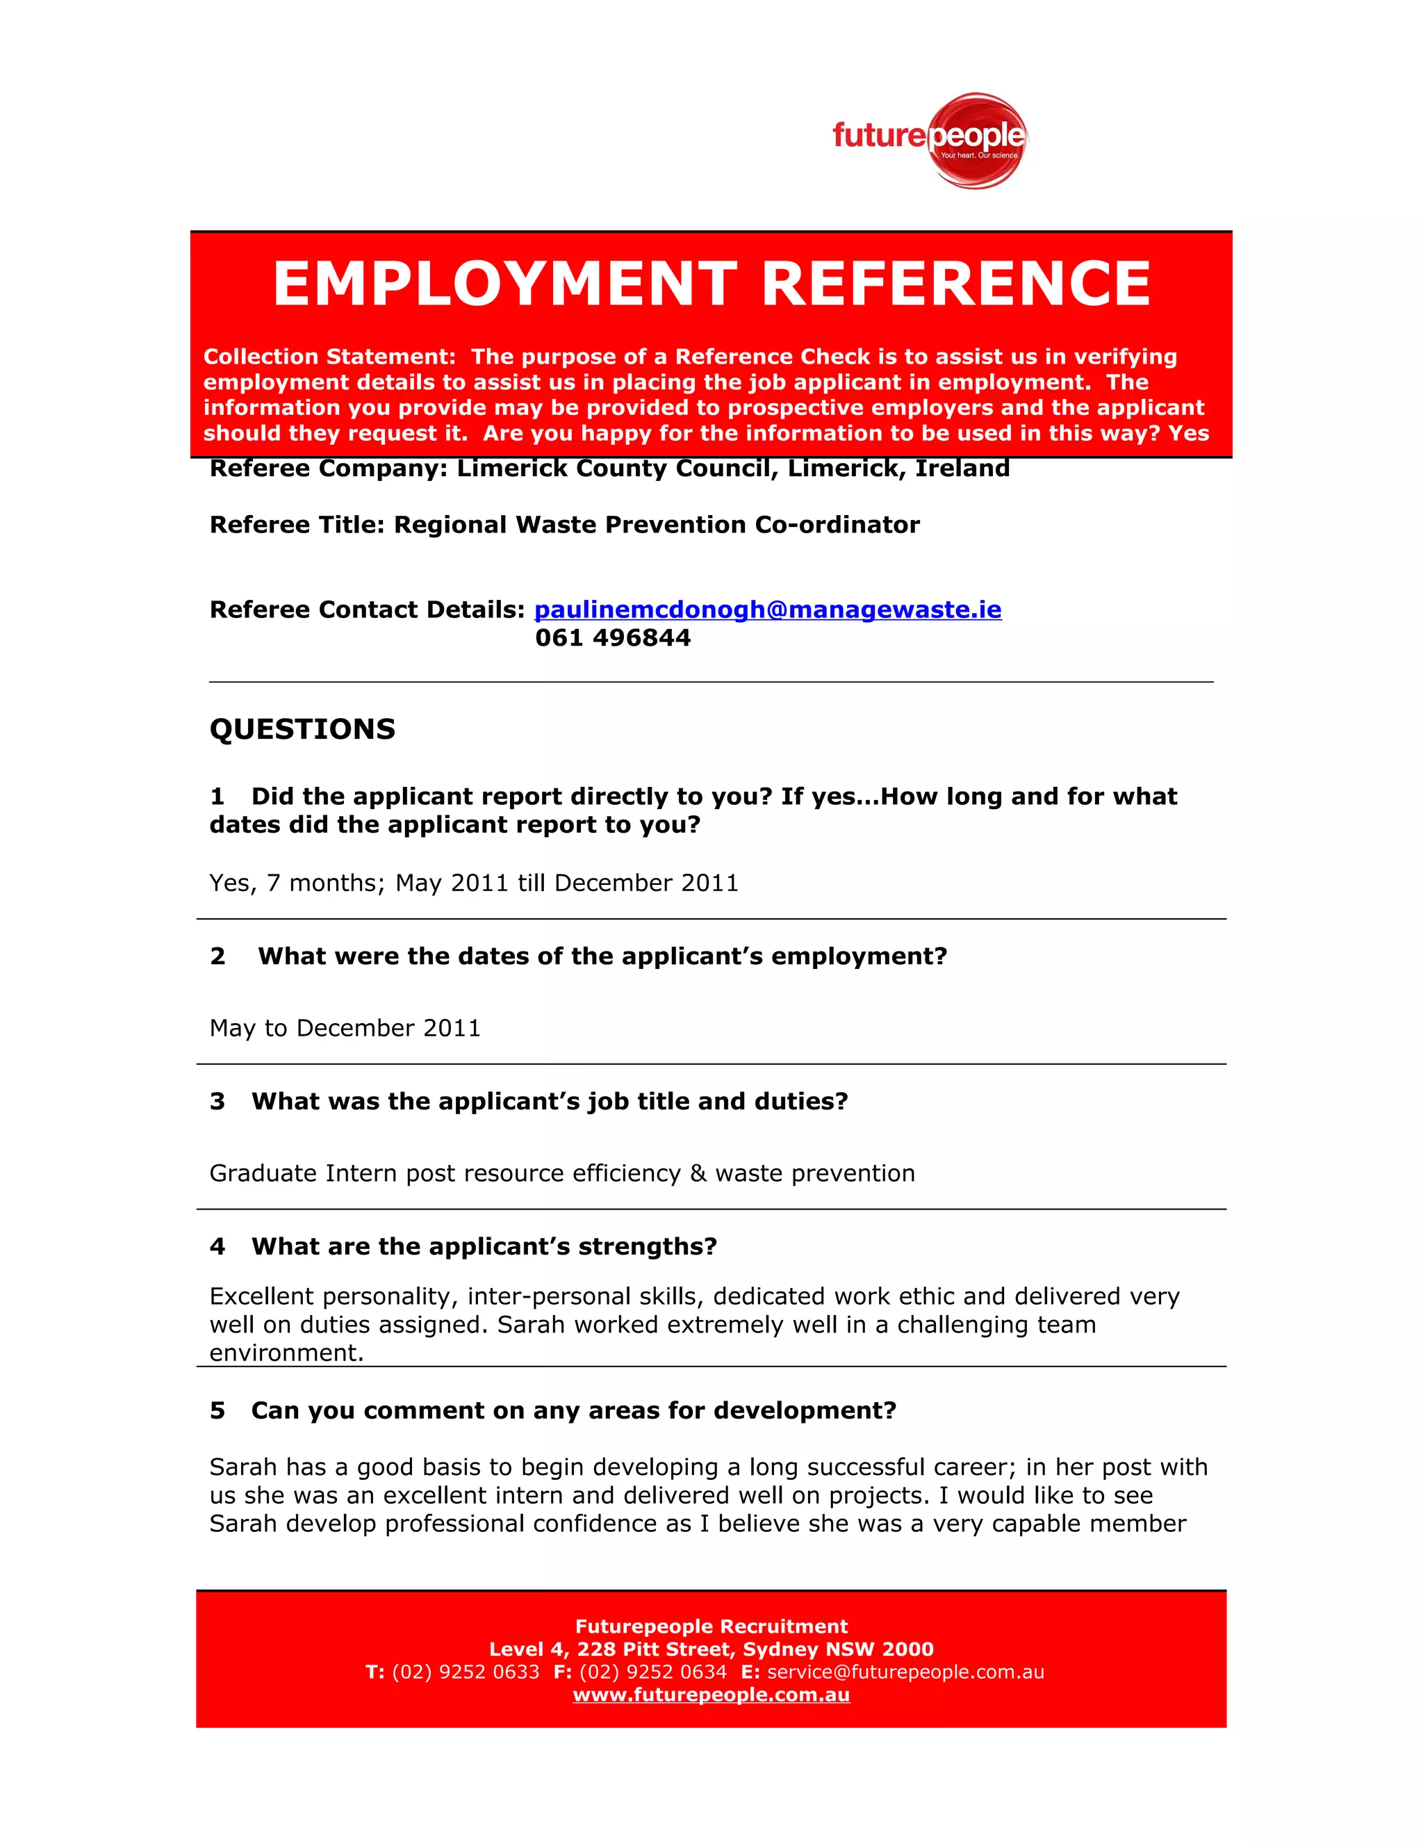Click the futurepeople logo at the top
[x=929, y=139]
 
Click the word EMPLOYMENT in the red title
[x=505, y=284]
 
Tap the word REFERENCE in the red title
[x=956, y=284]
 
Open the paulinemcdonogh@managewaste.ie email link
[x=767, y=609]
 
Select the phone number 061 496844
[x=613, y=637]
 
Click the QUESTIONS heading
[x=302, y=728]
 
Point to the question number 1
[x=217, y=796]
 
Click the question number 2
[x=217, y=956]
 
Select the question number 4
[x=217, y=1246]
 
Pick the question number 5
[x=217, y=1410]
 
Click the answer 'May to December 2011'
[x=345, y=1028]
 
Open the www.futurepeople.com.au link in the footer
[x=711, y=1695]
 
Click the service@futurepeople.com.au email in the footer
[x=905, y=1672]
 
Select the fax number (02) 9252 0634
[x=652, y=1672]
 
